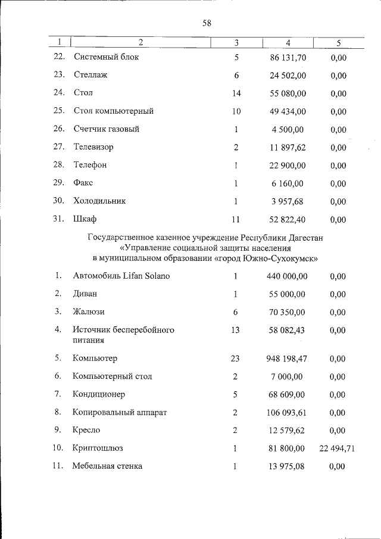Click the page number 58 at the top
207,23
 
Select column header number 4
288,42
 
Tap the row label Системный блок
106,58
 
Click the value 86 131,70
288,58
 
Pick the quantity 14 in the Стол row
236,93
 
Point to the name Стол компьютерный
114,111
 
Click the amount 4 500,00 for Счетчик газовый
290,129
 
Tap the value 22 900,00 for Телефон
288,165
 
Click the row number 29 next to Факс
58,183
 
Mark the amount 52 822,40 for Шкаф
288,219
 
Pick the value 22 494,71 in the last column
337,448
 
